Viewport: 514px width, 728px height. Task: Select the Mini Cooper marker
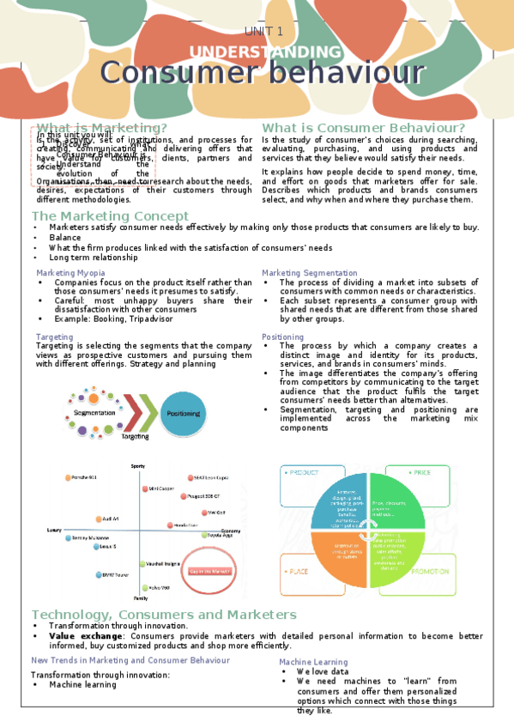pos(145,488)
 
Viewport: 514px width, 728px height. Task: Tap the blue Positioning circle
pos(184,413)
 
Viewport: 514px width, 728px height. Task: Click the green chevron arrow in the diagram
pos(149,413)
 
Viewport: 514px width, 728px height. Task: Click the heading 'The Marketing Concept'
pos(110,215)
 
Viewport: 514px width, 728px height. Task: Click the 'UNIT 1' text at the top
pos(263,31)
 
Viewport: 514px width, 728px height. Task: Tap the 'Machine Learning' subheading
pos(313,662)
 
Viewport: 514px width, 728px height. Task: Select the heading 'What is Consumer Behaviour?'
pos(363,128)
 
